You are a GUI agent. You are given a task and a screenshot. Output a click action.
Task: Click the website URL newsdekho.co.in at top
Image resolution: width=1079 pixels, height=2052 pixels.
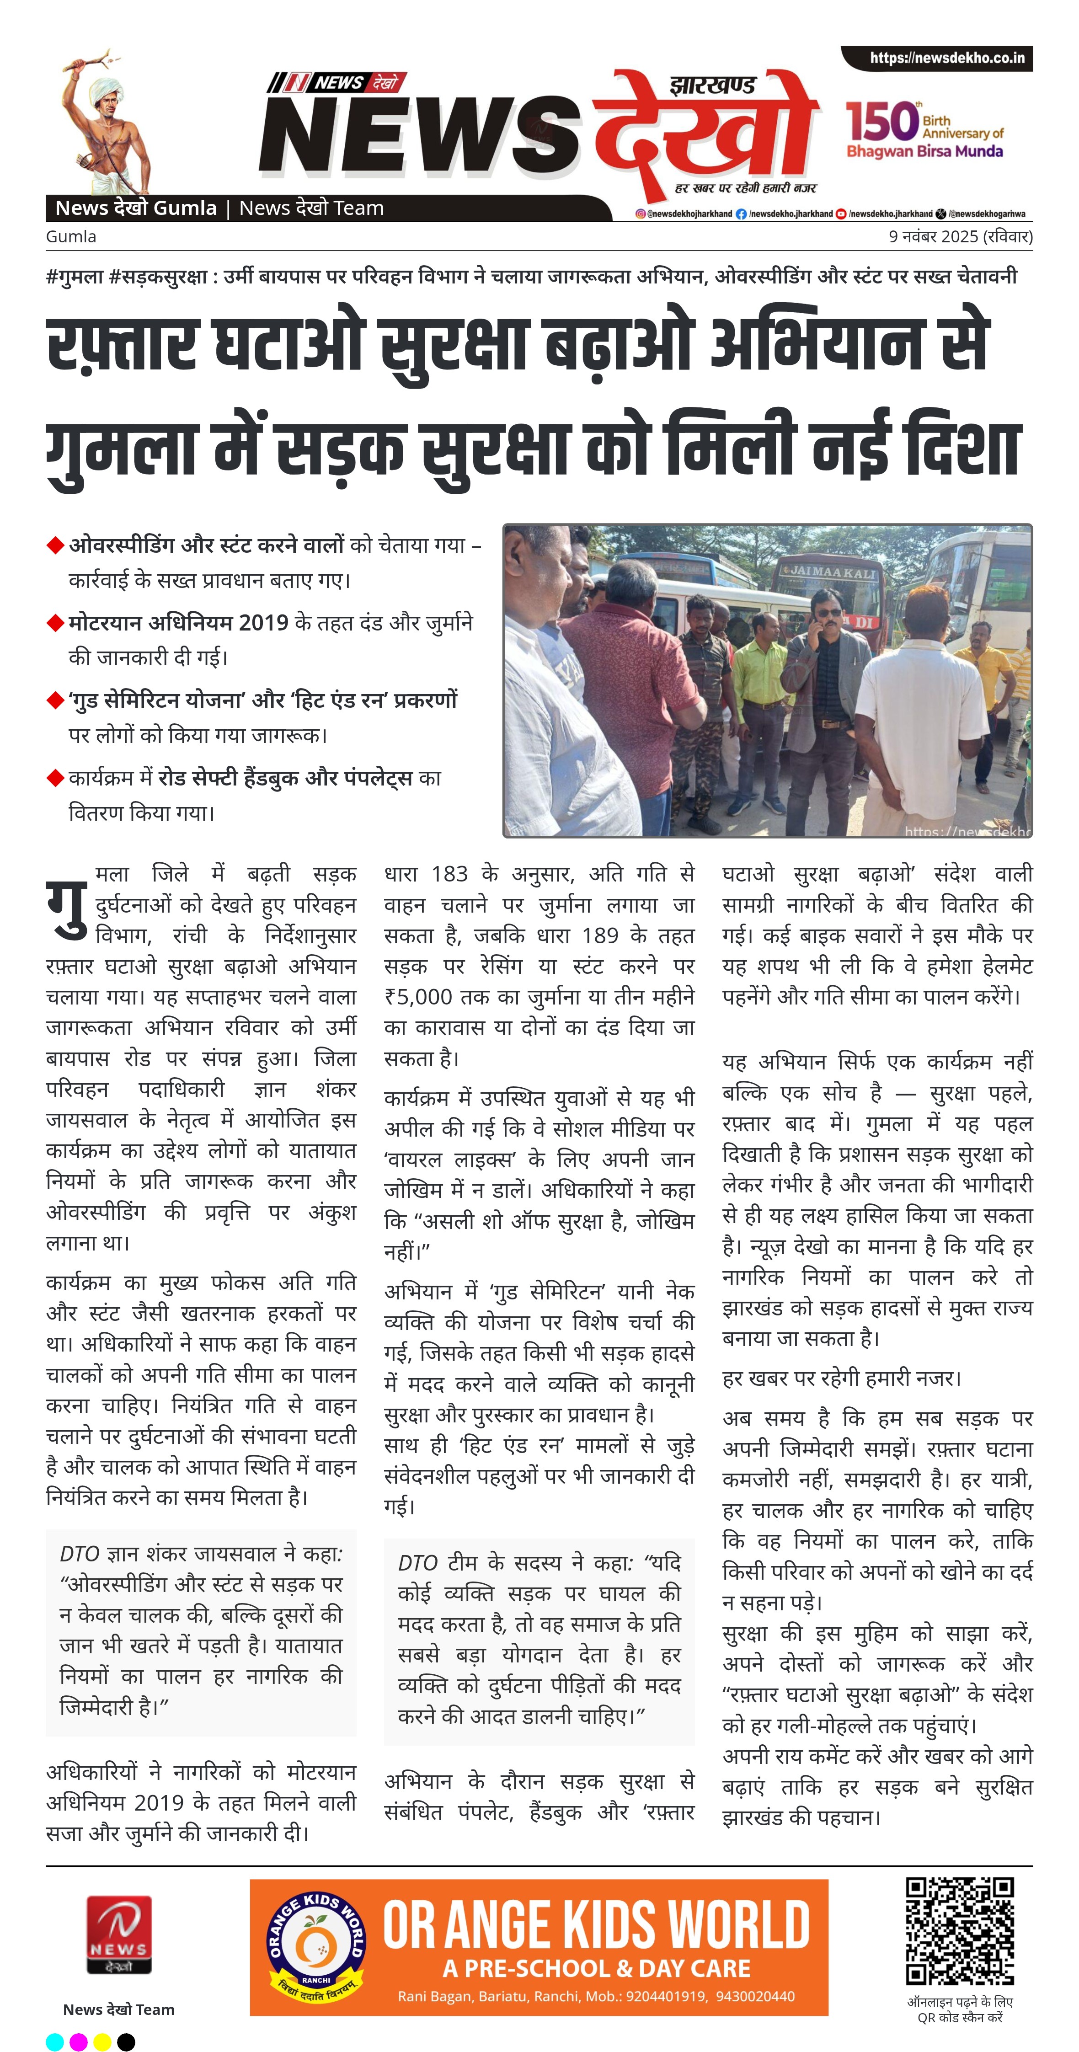947,58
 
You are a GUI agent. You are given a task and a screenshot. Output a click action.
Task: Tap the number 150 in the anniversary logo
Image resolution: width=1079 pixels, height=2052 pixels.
882,122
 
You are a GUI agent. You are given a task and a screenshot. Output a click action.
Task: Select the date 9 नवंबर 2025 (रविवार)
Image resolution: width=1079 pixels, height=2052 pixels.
960,236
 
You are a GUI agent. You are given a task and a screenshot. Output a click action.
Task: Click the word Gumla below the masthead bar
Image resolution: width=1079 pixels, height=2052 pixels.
71,236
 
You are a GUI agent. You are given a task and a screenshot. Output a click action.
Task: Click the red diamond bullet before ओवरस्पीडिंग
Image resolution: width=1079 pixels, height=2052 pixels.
55,545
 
